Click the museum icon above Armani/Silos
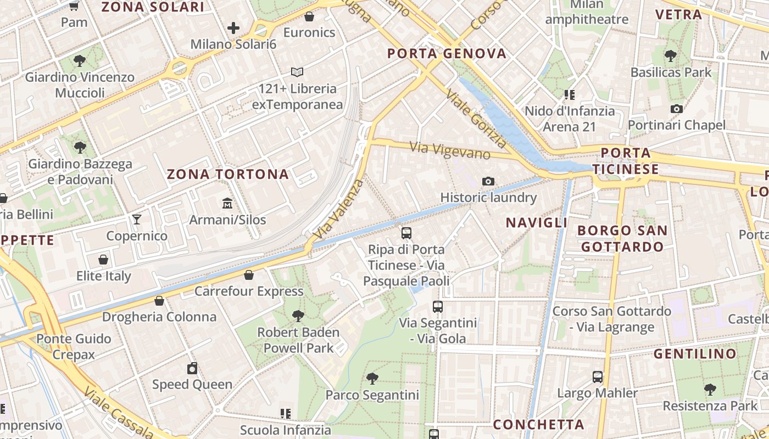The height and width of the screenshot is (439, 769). (x=227, y=204)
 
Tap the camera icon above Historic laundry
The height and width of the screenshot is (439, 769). (x=488, y=181)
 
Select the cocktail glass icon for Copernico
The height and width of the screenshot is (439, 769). (x=137, y=219)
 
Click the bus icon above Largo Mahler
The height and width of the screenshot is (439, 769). (x=598, y=377)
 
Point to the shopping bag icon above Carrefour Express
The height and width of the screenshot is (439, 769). (x=249, y=275)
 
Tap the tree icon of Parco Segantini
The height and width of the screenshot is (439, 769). (x=372, y=378)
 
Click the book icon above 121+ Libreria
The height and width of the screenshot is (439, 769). (x=297, y=72)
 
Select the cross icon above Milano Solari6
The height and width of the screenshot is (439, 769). (x=233, y=28)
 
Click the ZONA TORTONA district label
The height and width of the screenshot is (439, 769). (x=227, y=175)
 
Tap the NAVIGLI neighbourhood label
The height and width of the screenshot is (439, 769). (x=537, y=222)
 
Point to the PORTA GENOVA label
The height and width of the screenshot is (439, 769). (x=447, y=53)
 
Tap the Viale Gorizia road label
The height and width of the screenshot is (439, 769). (x=476, y=119)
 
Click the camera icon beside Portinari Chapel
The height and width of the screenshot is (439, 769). (x=677, y=109)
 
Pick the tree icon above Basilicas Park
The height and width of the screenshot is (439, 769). (x=670, y=55)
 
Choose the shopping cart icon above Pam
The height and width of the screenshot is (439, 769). (x=74, y=6)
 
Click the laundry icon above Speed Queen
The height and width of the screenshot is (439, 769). (x=192, y=368)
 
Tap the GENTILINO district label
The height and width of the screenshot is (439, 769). (x=694, y=354)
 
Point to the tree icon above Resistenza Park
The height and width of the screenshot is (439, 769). (x=710, y=390)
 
